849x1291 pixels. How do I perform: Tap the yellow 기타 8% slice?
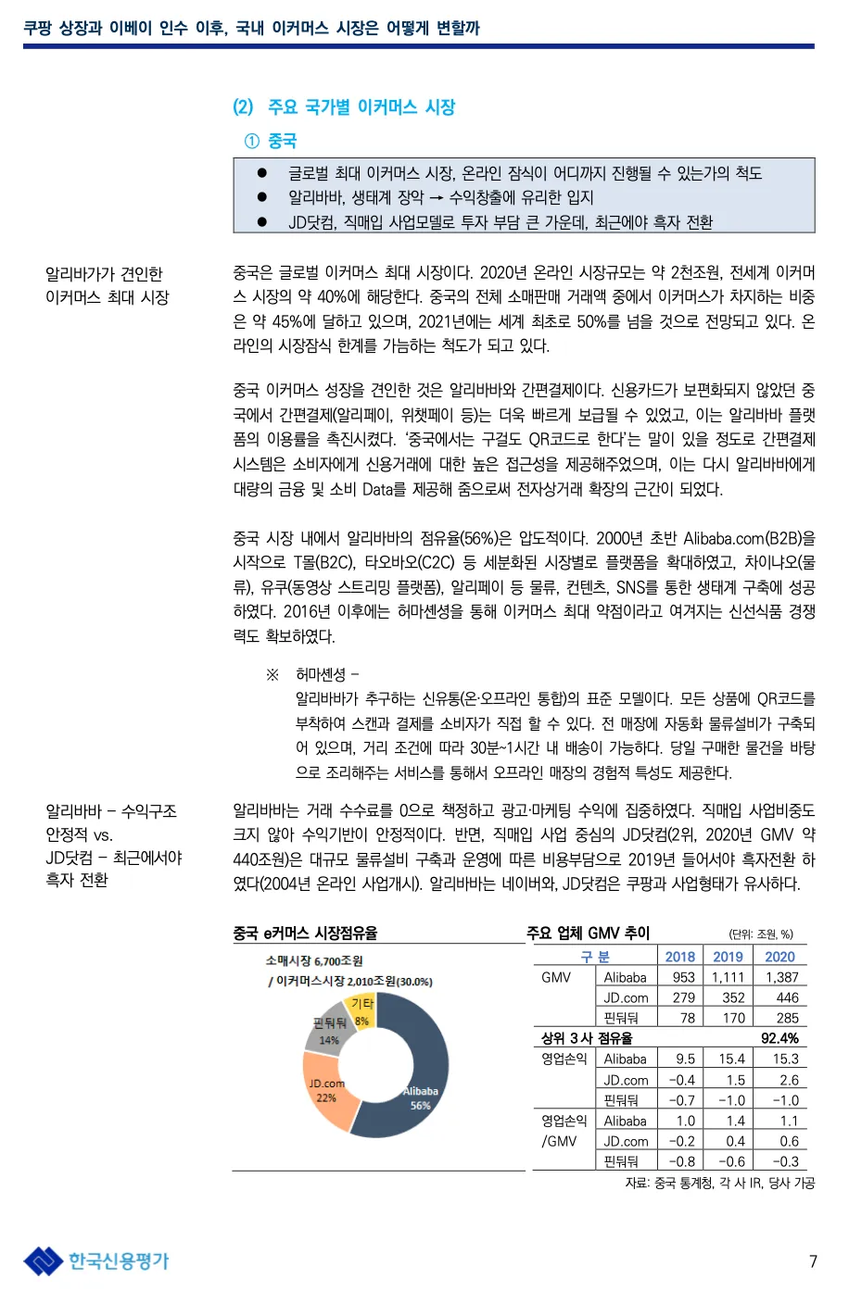coord(361,1009)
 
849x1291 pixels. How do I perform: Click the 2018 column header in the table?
coord(679,957)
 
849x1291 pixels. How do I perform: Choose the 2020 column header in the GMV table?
coord(779,957)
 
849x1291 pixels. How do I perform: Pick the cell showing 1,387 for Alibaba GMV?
coord(781,977)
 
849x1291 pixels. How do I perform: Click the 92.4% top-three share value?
coord(779,1038)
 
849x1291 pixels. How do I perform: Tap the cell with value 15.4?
coord(731,1059)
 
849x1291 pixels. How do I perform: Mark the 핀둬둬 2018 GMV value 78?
coord(687,1018)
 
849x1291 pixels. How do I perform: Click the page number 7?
coord(813,1261)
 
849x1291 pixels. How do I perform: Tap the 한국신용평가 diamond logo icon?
coord(43,1261)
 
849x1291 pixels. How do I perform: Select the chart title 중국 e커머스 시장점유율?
coord(305,933)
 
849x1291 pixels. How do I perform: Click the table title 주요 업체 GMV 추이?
coord(589,933)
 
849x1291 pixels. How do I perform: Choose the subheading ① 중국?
coord(271,141)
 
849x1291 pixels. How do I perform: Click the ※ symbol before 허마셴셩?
coord(272,674)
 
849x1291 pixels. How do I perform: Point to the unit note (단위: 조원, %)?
coord(761,934)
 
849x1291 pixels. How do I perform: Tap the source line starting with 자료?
coord(719,1183)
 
